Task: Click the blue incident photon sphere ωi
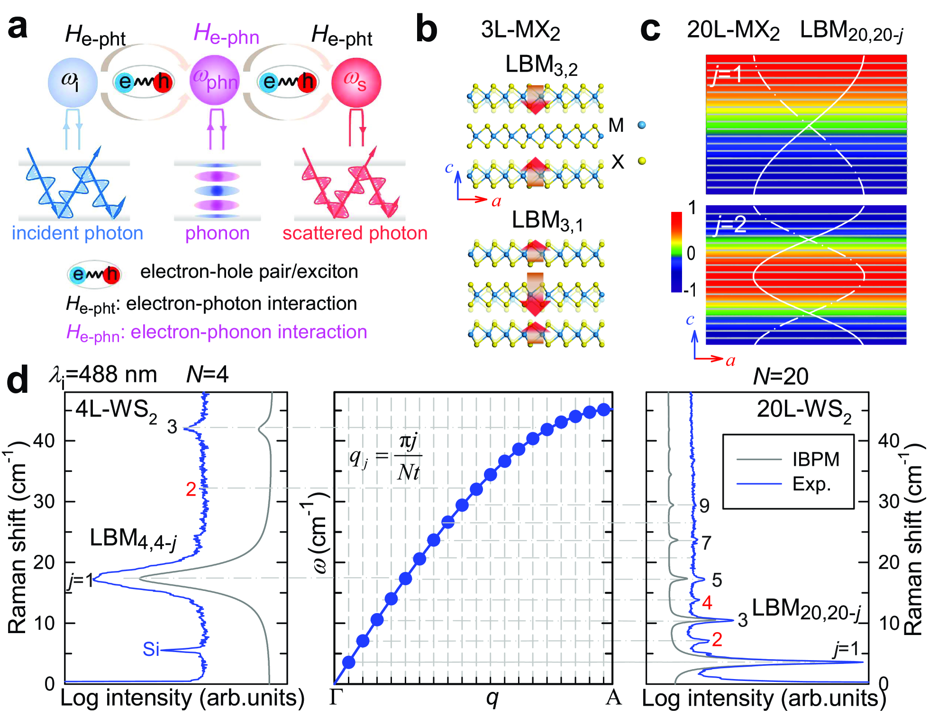(x=73, y=82)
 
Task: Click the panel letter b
(x=426, y=29)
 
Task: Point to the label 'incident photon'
(x=77, y=233)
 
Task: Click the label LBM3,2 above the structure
(x=541, y=65)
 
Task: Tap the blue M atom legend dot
(x=642, y=125)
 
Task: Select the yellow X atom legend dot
(x=642, y=161)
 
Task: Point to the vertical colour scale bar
(x=676, y=252)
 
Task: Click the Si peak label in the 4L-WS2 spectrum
(x=151, y=649)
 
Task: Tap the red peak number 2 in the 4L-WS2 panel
(x=191, y=489)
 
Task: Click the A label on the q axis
(x=613, y=697)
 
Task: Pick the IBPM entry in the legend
(x=815, y=459)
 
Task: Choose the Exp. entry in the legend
(x=811, y=484)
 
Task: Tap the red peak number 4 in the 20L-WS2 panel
(x=707, y=602)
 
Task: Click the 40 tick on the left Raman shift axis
(x=44, y=441)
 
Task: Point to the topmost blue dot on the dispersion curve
(x=603, y=410)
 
